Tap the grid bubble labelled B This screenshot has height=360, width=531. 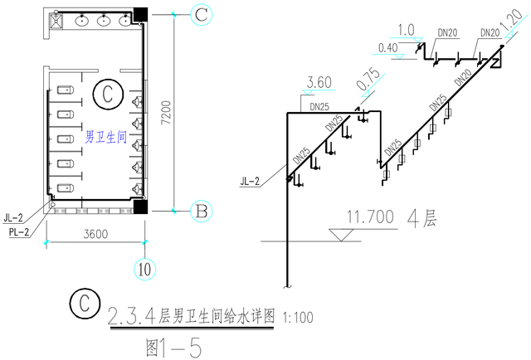(x=201, y=212)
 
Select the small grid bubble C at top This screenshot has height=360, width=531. (x=201, y=14)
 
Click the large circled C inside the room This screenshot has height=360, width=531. (x=106, y=95)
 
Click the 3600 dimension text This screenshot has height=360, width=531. (x=95, y=234)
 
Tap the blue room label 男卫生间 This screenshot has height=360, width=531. (x=105, y=138)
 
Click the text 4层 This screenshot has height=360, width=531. (x=422, y=219)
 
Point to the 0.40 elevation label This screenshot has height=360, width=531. (x=388, y=48)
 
